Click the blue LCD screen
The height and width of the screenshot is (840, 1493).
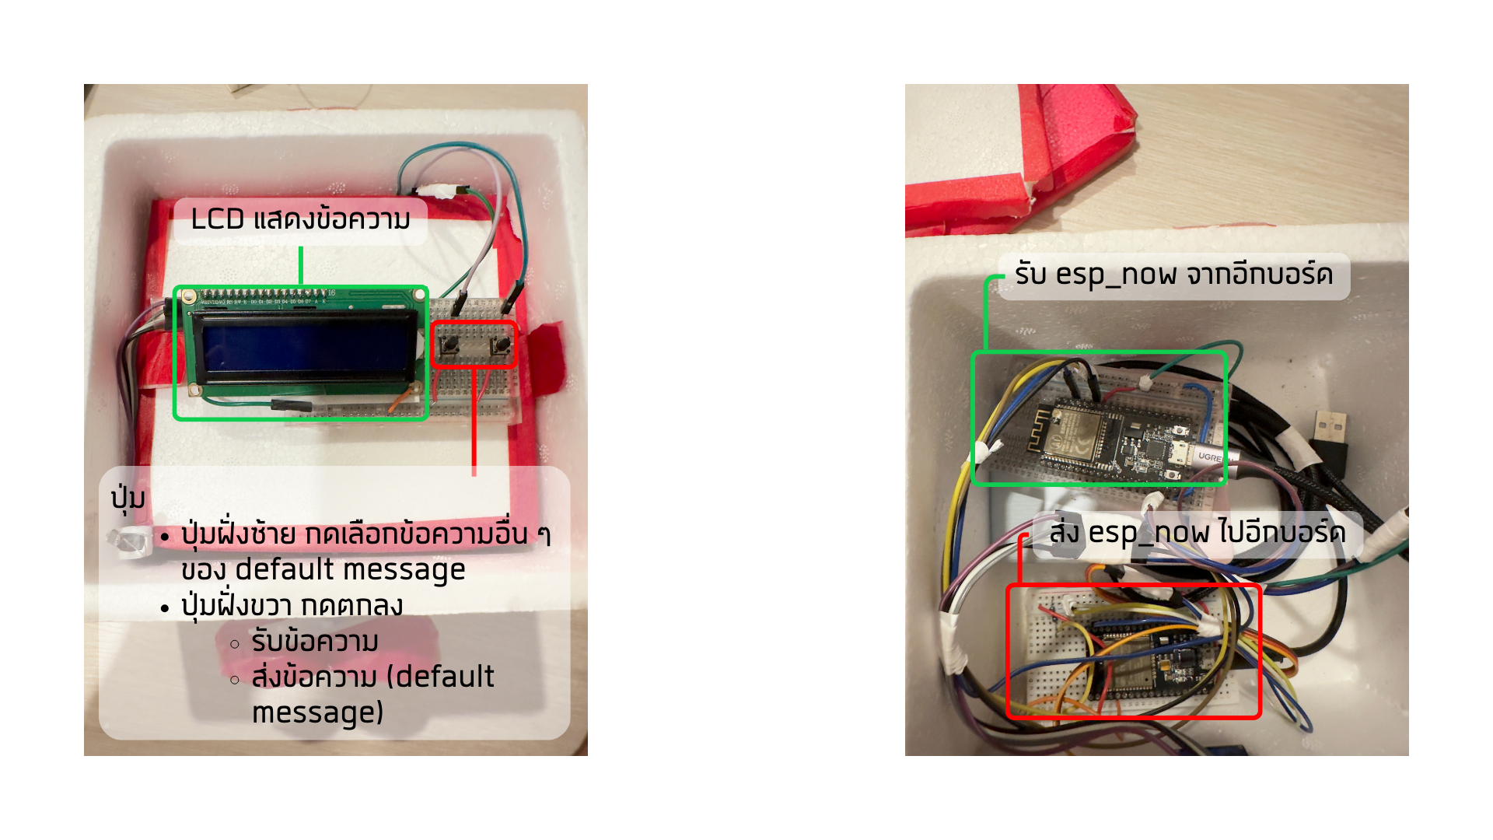click(x=306, y=348)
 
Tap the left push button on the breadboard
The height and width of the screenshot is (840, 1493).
click(x=449, y=342)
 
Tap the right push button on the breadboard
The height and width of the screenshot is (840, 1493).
click(x=502, y=342)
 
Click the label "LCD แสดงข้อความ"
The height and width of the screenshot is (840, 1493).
click(x=300, y=220)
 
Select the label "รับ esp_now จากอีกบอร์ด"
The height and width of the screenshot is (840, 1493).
click(x=1173, y=275)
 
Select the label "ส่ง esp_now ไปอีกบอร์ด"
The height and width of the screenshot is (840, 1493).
click(x=1197, y=534)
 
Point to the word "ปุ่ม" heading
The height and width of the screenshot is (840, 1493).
click(x=128, y=498)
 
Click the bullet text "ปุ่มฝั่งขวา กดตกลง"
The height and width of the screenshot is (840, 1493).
click(x=292, y=606)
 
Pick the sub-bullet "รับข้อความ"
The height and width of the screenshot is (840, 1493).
click(x=315, y=642)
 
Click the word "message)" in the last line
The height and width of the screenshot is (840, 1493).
click(x=317, y=712)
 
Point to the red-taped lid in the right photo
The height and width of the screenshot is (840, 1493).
click(x=1019, y=163)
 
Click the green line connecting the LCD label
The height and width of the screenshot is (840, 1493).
click(x=301, y=266)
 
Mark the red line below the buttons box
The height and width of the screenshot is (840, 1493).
click(x=474, y=420)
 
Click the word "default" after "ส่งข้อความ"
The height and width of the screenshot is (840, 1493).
click(x=444, y=677)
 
